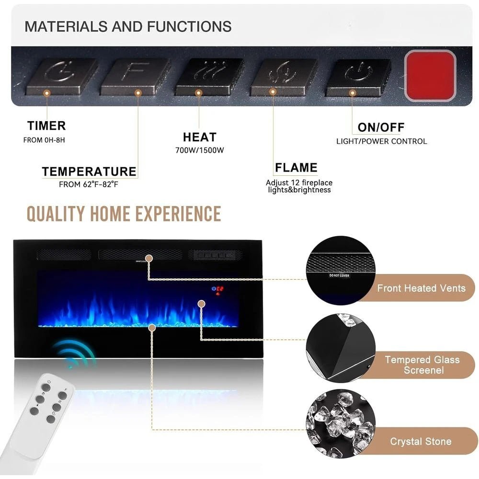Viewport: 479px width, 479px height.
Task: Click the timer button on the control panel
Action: pos(61,75)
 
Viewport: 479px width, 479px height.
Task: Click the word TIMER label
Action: pos(46,126)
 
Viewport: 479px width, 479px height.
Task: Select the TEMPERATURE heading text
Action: pos(89,171)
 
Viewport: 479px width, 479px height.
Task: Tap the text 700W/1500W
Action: pos(200,150)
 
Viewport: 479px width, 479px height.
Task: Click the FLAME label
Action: pos(296,168)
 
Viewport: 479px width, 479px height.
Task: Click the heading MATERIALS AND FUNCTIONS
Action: pos(128,26)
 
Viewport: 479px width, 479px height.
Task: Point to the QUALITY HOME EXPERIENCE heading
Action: pos(124,214)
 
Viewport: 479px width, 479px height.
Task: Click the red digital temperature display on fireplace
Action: pos(218,289)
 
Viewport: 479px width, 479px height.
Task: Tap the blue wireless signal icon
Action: pos(74,354)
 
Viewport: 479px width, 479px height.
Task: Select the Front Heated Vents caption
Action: pos(421,288)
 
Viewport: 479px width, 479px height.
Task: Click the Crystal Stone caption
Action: pos(421,441)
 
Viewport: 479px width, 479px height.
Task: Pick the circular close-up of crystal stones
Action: pos(337,424)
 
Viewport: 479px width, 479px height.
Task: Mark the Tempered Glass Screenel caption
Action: pos(422,365)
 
